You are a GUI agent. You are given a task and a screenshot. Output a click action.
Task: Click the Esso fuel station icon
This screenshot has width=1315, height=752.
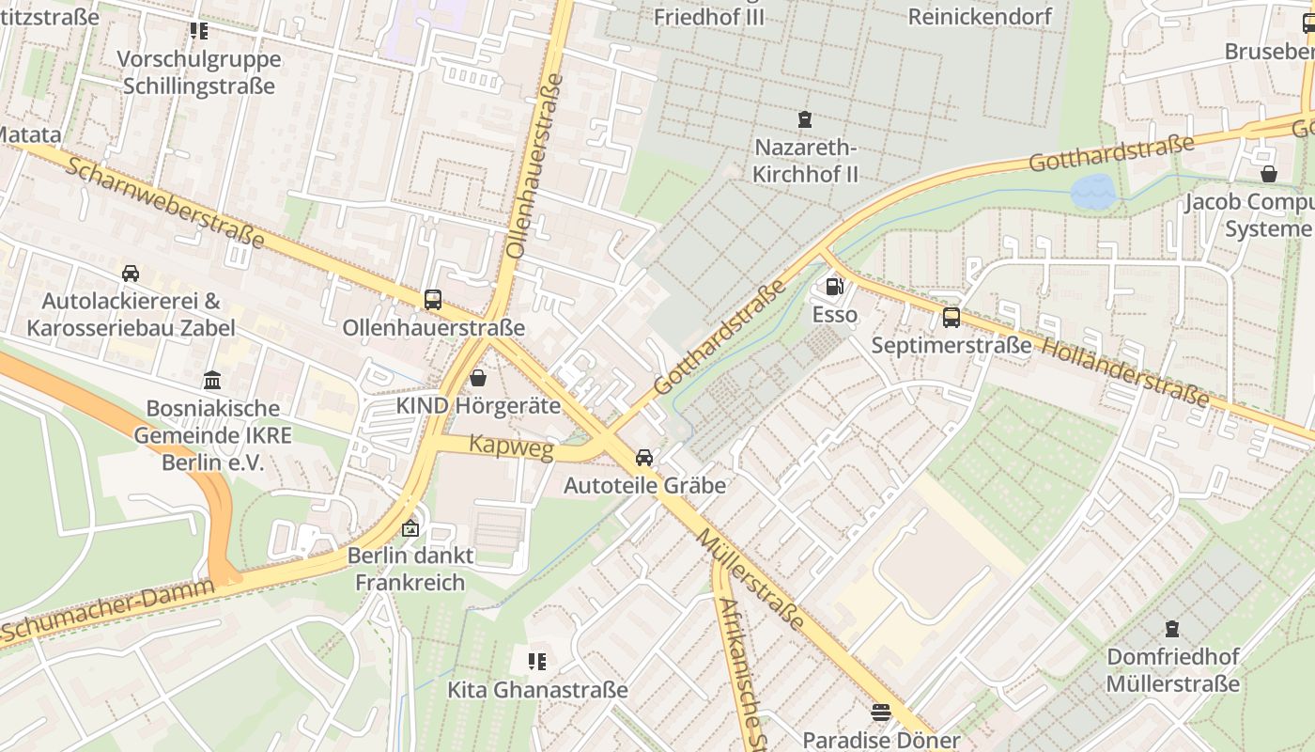(x=833, y=287)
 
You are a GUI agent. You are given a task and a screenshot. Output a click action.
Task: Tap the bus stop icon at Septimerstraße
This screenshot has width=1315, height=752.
(x=951, y=318)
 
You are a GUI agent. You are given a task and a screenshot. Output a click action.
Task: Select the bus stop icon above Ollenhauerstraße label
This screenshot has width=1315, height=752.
(x=433, y=300)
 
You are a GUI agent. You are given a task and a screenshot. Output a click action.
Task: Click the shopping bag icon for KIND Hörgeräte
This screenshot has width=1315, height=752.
(x=478, y=379)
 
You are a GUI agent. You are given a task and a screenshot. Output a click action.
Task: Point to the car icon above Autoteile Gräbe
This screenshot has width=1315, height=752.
(x=644, y=458)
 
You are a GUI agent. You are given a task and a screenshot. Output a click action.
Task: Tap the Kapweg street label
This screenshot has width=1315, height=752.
(x=511, y=447)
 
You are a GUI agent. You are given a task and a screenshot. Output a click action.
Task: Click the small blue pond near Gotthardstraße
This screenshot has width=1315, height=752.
(x=1091, y=192)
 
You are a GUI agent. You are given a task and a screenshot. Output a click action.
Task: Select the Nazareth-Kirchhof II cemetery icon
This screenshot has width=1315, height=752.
(x=805, y=119)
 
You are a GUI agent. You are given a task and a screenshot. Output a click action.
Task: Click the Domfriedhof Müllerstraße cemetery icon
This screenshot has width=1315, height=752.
(x=1172, y=628)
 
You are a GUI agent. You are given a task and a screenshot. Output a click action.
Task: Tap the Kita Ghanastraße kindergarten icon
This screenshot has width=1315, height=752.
(x=537, y=662)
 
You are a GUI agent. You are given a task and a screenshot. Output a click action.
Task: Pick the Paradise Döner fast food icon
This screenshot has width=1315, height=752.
(x=880, y=713)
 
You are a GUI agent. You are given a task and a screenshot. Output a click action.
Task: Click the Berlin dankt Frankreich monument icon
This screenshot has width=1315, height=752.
(x=409, y=528)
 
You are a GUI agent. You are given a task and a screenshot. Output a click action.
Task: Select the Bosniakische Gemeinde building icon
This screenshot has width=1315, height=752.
(x=212, y=381)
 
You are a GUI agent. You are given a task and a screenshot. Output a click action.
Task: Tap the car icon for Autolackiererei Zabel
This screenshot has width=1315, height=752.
(x=131, y=274)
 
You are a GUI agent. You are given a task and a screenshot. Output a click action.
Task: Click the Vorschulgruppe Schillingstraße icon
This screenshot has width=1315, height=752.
(x=199, y=31)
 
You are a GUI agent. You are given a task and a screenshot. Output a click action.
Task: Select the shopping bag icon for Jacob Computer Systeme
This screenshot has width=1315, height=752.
(x=1269, y=174)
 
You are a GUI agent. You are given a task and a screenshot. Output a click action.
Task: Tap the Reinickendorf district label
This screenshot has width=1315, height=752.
(x=980, y=16)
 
